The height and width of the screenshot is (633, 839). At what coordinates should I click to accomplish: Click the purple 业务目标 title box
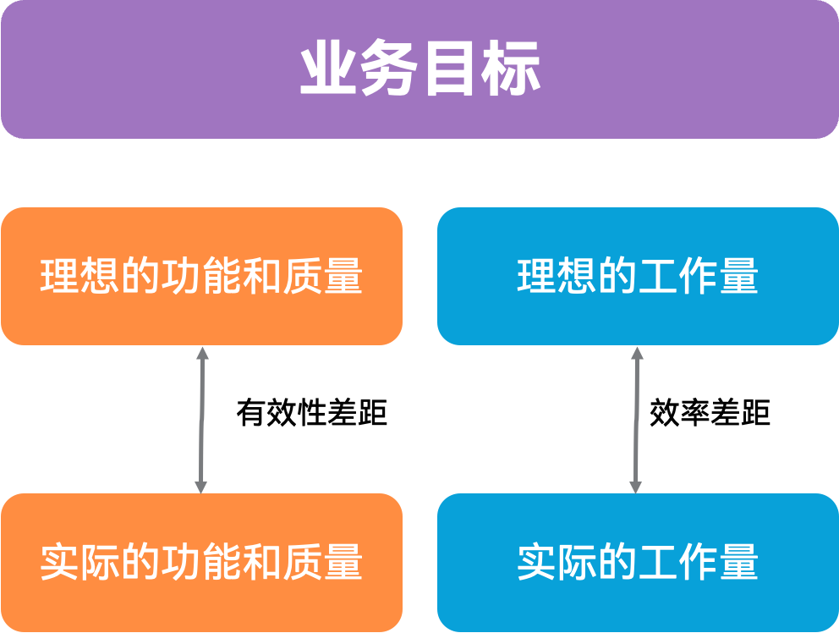(419, 69)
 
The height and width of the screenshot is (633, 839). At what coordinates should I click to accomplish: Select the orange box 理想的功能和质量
(202, 277)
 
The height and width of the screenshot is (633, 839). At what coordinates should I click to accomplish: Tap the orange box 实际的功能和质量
(202, 562)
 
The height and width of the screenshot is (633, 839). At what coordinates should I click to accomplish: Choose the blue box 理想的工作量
(638, 277)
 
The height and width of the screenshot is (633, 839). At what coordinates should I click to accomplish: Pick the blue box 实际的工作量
(638, 562)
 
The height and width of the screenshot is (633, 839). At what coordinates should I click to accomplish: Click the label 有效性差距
(311, 412)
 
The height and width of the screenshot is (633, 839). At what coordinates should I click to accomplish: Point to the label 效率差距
(710, 412)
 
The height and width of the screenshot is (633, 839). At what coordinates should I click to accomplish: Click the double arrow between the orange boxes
(202, 420)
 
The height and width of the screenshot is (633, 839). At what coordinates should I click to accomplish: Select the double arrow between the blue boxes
(636, 420)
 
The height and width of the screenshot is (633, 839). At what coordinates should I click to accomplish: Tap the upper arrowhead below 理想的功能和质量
(202, 353)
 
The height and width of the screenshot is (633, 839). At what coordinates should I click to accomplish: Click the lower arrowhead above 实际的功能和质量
(200, 487)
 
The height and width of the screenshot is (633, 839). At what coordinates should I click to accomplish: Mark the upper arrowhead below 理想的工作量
(637, 353)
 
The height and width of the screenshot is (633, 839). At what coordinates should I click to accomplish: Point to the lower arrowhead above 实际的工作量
(635, 487)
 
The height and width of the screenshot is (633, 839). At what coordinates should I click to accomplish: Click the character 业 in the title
(328, 68)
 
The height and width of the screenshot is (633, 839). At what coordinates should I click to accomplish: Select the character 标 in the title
(511, 68)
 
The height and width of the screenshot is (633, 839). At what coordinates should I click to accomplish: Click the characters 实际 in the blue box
(557, 562)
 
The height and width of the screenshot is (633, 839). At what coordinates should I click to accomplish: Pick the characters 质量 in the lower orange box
(322, 562)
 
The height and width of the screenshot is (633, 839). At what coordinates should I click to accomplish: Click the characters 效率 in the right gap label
(679, 412)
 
